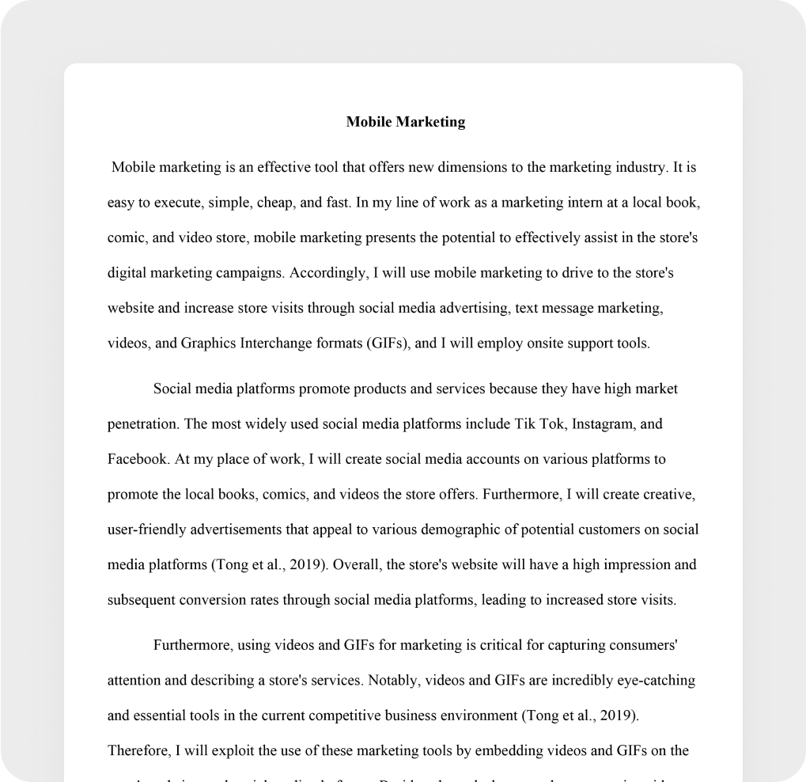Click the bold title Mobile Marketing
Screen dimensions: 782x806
406,122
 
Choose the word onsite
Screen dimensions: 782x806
548,344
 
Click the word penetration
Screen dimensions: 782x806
143,424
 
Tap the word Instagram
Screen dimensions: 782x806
604,424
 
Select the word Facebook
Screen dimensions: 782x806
137,459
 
